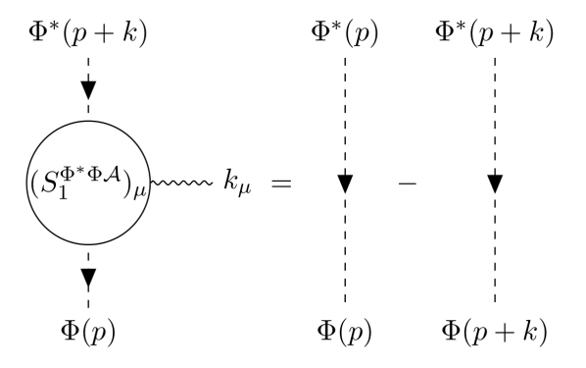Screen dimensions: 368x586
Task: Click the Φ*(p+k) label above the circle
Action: pos(88,37)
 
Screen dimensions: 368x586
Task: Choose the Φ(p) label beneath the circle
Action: pos(88,330)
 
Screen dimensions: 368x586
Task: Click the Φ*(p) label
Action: pos(344,37)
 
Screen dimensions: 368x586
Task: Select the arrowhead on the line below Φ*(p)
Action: pos(345,184)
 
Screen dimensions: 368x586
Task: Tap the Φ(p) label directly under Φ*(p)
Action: pos(345,330)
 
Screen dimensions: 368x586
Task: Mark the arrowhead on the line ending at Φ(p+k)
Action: pos(495,184)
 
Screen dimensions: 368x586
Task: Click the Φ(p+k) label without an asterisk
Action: pos(495,330)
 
